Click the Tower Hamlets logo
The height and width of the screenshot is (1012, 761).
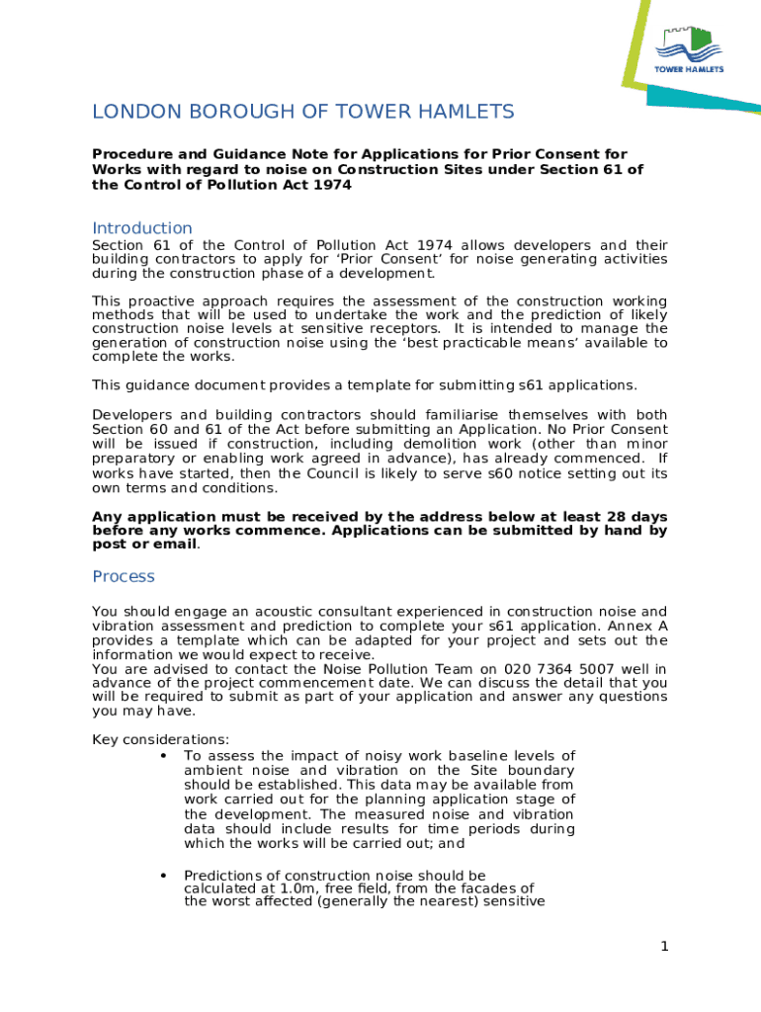(690, 49)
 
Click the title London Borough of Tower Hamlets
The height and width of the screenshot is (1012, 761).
(303, 112)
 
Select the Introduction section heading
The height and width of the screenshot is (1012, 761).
(142, 228)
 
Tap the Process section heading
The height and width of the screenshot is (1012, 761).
(124, 576)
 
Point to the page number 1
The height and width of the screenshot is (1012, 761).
(665, 947)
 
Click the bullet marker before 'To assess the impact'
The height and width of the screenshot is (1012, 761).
(161, 756)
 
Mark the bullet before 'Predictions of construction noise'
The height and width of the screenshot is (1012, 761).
(161, 876)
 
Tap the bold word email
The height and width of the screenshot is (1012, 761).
(173, 545)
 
